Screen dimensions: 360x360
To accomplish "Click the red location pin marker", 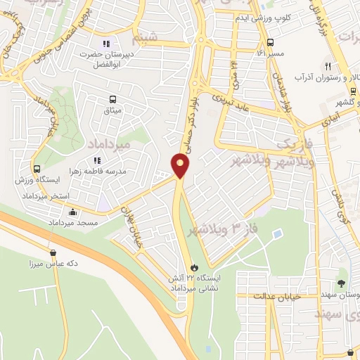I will (x=181, y=165).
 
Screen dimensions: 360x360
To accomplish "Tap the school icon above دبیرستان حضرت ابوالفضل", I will (x=107, y=44).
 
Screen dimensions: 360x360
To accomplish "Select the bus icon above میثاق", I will (x=112, y=100).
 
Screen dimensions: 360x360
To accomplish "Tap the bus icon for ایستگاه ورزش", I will (x=37, y=169).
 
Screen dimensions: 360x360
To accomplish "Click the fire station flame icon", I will (x=194, y=267).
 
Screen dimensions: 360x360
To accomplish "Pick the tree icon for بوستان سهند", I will (x=342, y=283).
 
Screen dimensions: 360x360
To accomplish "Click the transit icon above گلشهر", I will (x=352, y=91).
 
